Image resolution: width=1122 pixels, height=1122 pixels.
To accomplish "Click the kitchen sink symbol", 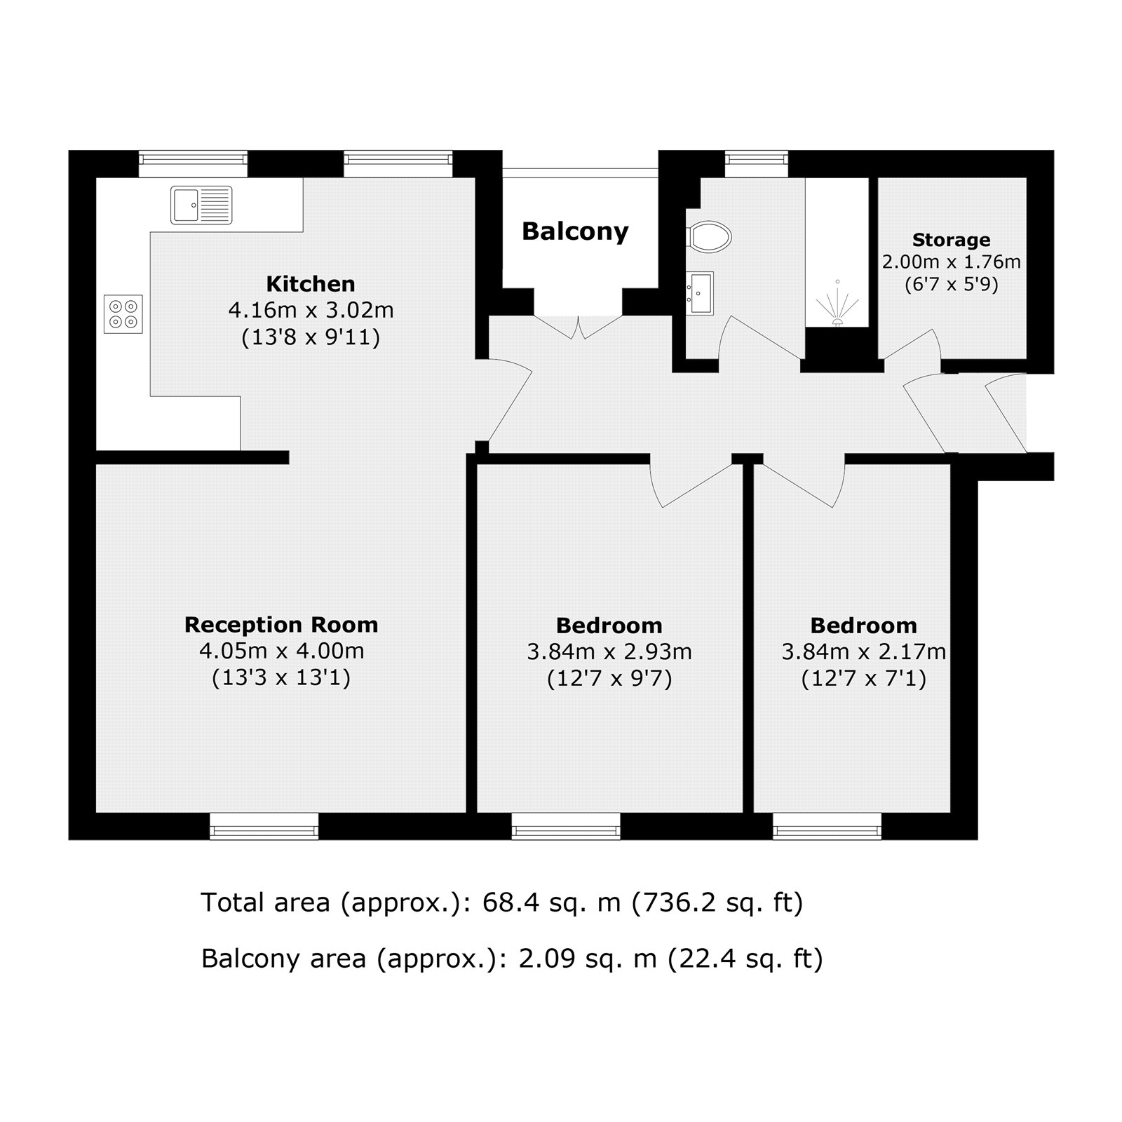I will coord(201,205).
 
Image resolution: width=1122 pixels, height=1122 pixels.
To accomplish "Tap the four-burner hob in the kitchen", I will coord(123,314).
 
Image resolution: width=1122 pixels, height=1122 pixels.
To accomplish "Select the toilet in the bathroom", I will coord(710,236).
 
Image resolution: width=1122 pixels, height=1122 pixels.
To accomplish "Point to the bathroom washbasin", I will coord(700,292).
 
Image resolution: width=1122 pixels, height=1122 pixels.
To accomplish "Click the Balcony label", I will coord(575,231).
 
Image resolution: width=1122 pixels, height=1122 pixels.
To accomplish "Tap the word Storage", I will coord(951,240).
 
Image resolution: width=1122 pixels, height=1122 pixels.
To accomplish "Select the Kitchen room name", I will coord(311,283).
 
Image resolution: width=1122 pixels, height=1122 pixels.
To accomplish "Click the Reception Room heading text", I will coord(281,624).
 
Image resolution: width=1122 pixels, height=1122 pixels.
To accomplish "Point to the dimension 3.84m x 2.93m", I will coord(609,652).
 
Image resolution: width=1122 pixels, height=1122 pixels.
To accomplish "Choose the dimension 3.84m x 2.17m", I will coord(864,652).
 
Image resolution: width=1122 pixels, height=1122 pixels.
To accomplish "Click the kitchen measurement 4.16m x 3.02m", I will coord(311,310).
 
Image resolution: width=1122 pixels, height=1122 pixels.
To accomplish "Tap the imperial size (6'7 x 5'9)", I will coord(951,285).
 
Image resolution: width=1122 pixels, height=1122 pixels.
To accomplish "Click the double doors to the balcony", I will coord(579,326).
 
